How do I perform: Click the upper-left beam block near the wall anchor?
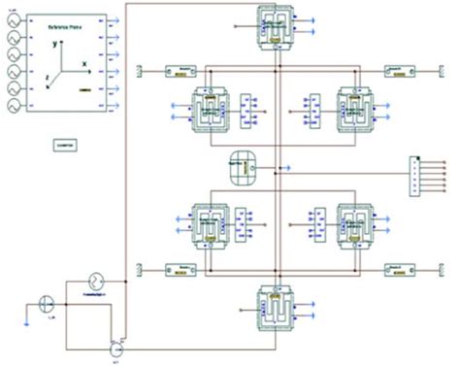(180, 70)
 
